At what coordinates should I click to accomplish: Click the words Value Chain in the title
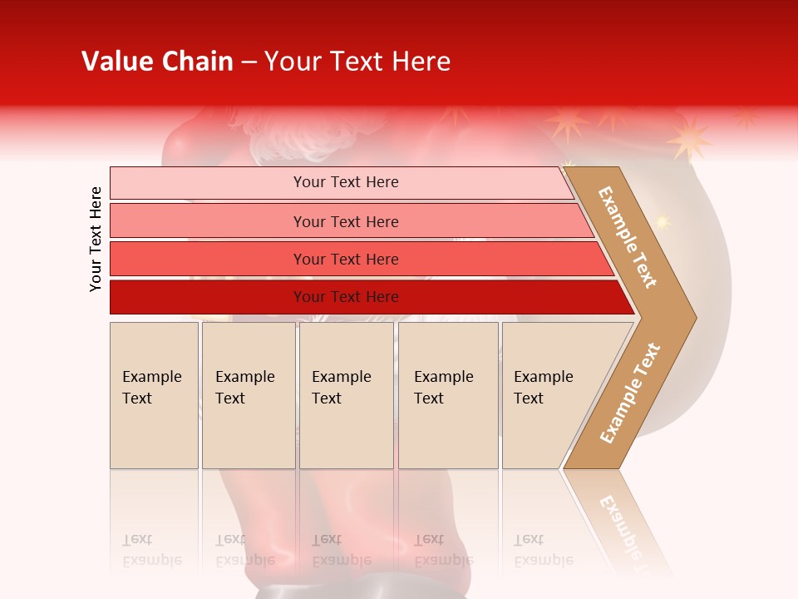tap(157, 62)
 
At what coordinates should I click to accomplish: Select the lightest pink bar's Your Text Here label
tap(346, 182)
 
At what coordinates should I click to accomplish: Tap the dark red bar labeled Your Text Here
tap(346, 297)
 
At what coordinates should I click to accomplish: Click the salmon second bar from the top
tap(346, 221)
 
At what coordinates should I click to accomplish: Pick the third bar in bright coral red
tap(346, 260)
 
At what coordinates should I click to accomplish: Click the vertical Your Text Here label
tap(96, 239)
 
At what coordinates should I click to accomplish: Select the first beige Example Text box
tap(154, 394)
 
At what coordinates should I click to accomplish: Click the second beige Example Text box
tap(248, 394)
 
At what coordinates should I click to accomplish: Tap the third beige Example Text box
tap(346, 394)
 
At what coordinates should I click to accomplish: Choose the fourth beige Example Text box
tap(447, 394)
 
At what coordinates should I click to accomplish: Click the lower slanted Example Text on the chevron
tap(631, 394)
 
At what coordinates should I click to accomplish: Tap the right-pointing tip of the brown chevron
tap(693, 317)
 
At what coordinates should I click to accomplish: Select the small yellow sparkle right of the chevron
tap(662, 221)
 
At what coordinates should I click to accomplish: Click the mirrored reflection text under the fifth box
tap(543, 550)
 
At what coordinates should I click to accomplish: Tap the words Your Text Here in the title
tap(357, 62)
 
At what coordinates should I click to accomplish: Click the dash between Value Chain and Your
tap(249, 62)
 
